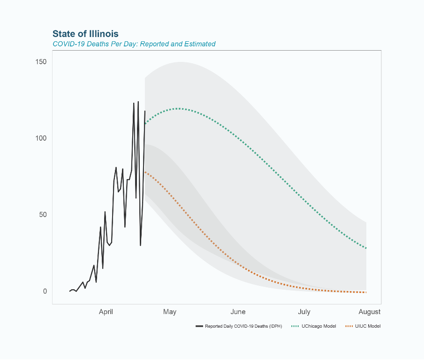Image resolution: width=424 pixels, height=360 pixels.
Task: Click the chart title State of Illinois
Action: (85, 34)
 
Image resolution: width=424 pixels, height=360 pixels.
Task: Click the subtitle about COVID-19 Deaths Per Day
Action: (134, 44)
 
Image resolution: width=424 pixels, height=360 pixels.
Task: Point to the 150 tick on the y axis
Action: (41, 62)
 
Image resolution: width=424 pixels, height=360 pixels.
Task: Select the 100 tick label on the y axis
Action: (41, 138)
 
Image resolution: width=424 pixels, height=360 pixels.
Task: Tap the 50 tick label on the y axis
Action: (43, 215)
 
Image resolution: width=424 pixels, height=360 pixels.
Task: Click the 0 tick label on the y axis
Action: (45, 291)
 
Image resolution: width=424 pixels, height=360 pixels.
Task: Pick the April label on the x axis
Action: (106, 312)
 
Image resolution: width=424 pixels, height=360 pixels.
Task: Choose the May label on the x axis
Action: (169, 312)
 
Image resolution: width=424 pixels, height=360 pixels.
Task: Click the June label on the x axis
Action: (238, 312)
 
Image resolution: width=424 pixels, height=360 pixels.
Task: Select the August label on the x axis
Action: (369, 312)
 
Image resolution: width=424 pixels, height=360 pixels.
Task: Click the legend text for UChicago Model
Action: (319, 326)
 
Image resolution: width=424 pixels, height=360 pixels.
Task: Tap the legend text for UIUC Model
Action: (368, 326)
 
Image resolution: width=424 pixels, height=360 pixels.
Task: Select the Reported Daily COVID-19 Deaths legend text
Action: (243, 326)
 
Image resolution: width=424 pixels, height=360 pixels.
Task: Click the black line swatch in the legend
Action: (199, 326)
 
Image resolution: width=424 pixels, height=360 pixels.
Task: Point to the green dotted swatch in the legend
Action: (295, 326)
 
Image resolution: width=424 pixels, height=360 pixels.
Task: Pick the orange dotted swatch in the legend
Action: (348, 326)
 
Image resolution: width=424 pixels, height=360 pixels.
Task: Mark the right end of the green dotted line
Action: (366, 248)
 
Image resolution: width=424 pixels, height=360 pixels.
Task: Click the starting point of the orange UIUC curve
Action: (145, 171)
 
